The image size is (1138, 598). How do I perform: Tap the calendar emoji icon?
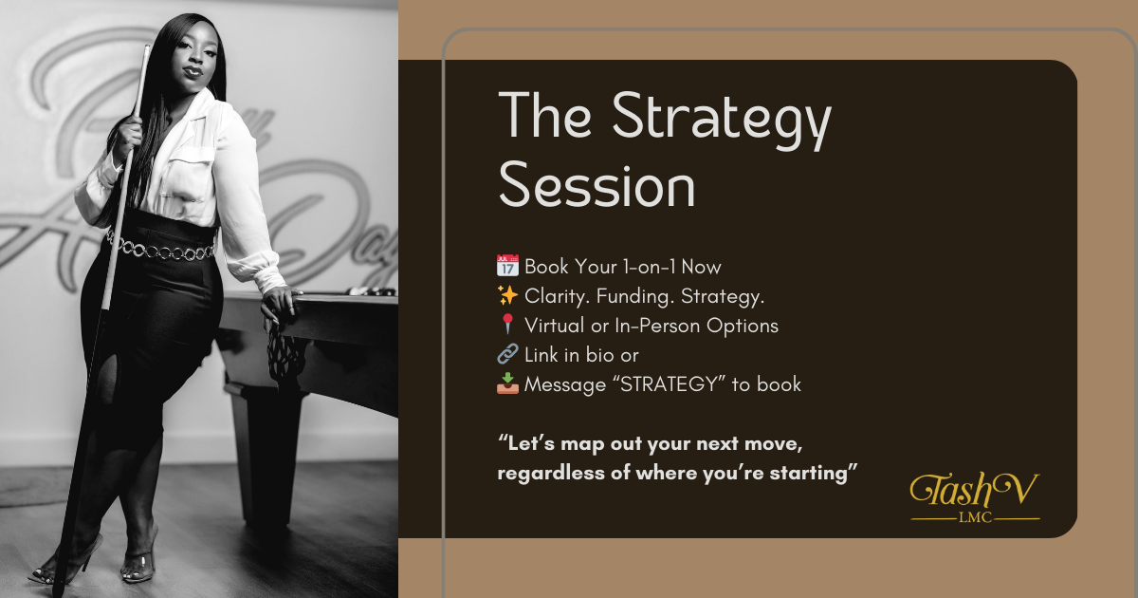[x=506, y=267]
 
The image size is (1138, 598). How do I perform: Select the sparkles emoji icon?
[x=506, y=296]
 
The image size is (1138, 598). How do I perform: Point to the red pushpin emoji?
[x=506, y=326]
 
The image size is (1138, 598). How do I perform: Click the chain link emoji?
[x=506, y=355]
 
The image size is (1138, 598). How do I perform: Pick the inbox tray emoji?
[x=506, y=384]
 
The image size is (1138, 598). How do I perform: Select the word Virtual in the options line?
[x=555, y=326]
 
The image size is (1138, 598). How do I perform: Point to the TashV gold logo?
[x=974, y=491]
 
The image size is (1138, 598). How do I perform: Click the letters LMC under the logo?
[x=974, y=518]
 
